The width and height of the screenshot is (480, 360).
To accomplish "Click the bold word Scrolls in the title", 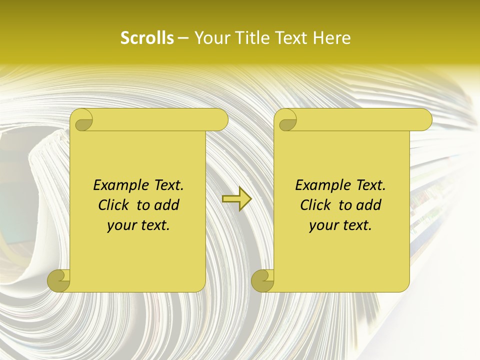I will [147, 38].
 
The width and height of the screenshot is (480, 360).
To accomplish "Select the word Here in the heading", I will [331, 38].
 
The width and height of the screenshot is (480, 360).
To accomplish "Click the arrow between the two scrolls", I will [236, 198].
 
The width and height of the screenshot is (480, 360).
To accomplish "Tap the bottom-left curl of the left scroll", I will [58, 281].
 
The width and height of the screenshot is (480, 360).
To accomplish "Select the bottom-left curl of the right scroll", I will [262, 281].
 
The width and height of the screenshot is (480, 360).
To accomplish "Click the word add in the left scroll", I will [166, 205].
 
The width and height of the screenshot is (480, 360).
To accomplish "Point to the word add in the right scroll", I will [368, 205].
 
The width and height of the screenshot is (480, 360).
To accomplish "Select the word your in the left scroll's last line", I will [120, 225].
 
